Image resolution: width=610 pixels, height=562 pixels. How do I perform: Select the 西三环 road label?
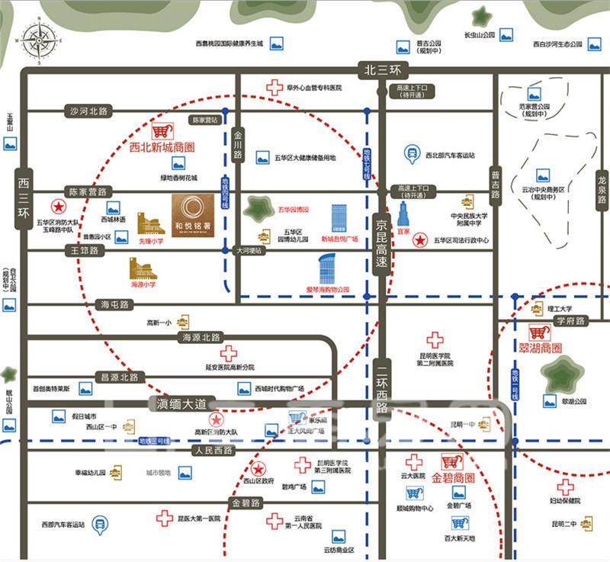[23, 199]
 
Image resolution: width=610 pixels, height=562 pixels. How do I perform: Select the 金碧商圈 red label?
[453, 478]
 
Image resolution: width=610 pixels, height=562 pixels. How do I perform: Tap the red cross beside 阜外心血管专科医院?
[274, 87]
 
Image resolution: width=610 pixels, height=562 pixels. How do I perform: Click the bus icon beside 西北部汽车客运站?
[412, 154]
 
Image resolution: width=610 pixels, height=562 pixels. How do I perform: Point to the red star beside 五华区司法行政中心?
[419, 241]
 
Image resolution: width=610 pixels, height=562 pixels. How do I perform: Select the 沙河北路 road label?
[89, 111]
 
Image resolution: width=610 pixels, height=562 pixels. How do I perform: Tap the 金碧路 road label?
[246, 503]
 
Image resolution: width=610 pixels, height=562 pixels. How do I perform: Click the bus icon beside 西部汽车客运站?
[98, 524]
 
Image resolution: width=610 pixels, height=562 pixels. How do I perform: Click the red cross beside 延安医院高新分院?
[229, 353]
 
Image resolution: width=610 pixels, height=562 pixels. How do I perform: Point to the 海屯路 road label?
[117, 304]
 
